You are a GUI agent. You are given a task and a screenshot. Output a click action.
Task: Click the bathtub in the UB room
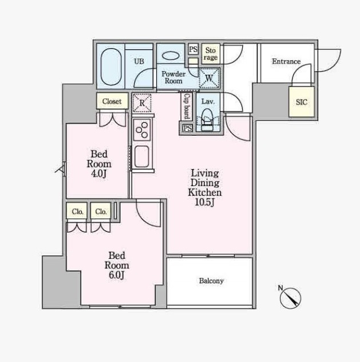coord(111,66)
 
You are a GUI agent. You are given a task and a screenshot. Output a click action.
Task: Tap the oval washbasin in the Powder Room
coord(171,56)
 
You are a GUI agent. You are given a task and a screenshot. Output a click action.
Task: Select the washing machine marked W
coord(209,78)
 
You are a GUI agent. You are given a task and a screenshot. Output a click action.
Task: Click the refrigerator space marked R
coord(142,103)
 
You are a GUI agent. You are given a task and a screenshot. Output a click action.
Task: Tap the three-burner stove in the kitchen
coord(142,130)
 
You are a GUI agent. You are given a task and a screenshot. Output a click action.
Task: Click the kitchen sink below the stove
coord(141,156)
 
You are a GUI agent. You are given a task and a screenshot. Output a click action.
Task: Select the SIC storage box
coord(302,102)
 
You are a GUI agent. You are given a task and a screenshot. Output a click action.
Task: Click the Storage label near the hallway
coord(211,54)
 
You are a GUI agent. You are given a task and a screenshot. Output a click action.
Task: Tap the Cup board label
coord(187,106)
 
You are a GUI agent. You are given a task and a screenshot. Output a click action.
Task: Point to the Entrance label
coord(286,61)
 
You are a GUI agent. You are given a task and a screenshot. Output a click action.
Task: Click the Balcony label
coord(211,281)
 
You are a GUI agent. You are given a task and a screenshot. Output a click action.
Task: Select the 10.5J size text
coord(205,202)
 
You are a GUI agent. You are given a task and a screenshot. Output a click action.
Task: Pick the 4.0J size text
coord(99,174)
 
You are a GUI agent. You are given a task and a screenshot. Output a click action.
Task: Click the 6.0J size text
coord(117,275)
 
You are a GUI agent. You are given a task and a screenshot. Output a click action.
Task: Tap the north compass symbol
coord(290,298)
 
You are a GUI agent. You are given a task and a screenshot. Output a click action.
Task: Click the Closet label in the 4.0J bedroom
coord(112,101)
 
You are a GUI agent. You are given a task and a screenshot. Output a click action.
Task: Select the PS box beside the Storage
coord(193,49)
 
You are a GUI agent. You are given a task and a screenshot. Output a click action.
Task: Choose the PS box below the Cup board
coord(188,128)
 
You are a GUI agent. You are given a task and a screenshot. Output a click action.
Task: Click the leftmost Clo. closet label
coord(77,211)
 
